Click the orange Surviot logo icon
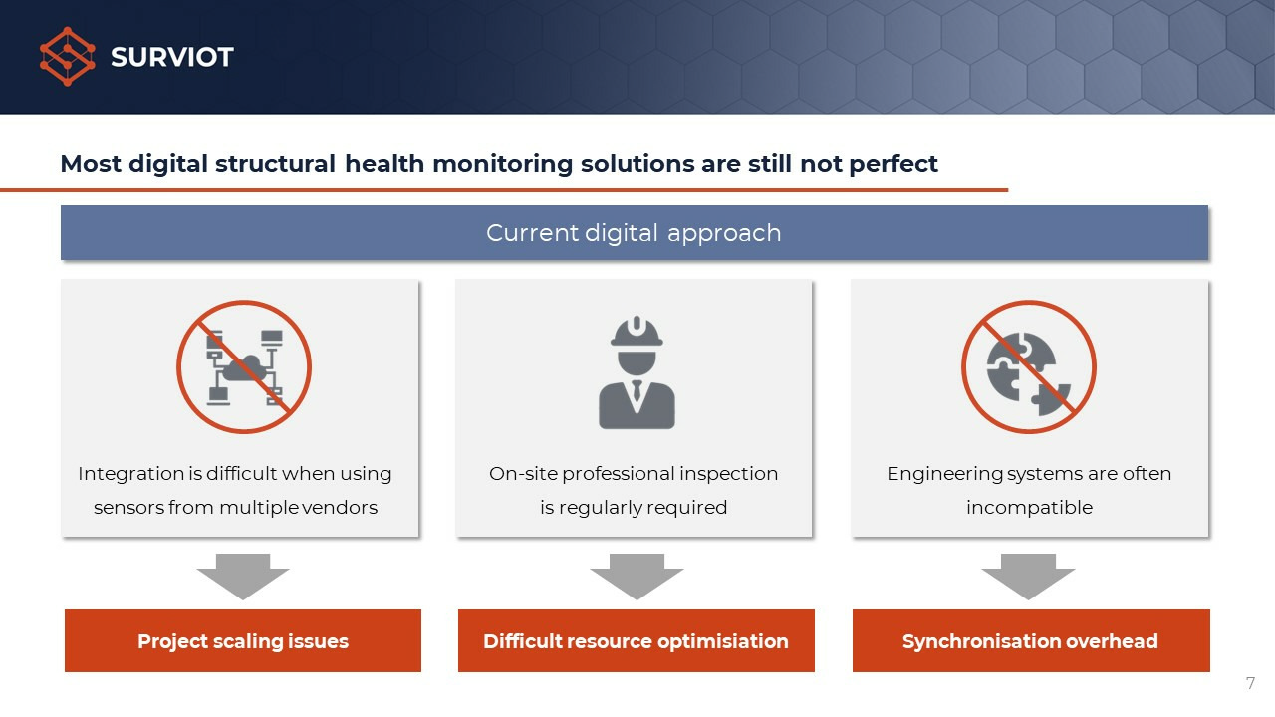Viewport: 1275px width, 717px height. tap(67, 57)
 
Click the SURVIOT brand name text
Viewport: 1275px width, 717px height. tap(172, 57)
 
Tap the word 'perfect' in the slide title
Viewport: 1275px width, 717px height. tap(893, 164)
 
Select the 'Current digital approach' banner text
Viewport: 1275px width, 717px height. tap(634, 233)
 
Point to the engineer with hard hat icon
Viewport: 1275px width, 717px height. tap(637, 372)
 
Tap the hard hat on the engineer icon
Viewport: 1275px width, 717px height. tap(637, 332)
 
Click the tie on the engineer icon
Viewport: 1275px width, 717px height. tap(637, 391)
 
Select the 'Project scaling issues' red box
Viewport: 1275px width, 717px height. tap(243, 640)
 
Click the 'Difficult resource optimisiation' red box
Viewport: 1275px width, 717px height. tap(637, 640)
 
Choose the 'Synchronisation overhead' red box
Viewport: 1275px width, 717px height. tap(1031, 640)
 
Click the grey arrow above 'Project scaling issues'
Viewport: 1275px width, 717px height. tap(243, 577)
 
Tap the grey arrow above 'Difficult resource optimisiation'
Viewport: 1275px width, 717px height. tap(637, 577)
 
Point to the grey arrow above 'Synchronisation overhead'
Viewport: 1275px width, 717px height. tap(1029, 577)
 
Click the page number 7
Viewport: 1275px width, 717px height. tap(1250, 683)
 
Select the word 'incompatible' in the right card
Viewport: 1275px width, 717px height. tap(1029, 507)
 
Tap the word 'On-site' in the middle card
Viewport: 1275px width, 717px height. tap(523, 473)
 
